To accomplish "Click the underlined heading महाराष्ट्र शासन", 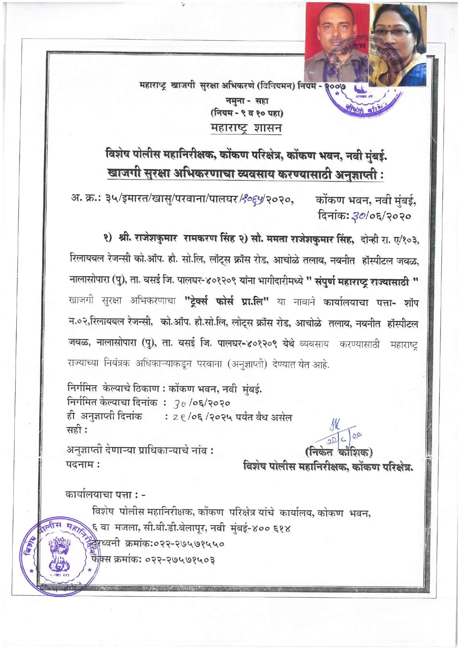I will pyautogui.click(x=245, y=128).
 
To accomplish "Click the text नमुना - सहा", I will pyautogui.click(x=247, y=101).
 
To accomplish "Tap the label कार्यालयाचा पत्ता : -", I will pyautogui.click(x=105, y=495).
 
